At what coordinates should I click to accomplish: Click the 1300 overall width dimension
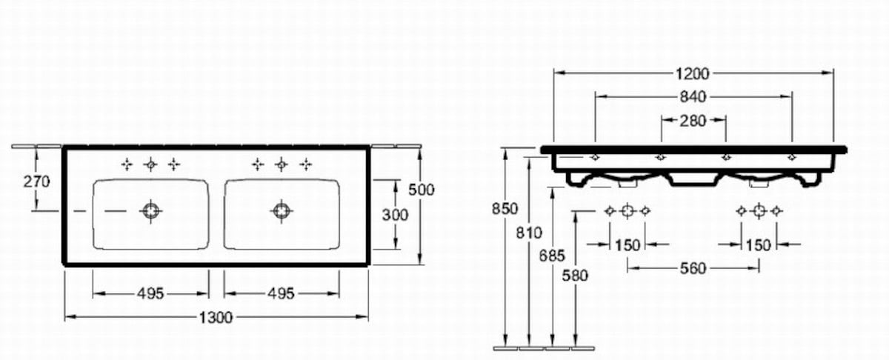click(216, 318)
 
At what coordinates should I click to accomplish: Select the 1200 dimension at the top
click(692, 73)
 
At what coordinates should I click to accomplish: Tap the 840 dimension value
click(693, 97)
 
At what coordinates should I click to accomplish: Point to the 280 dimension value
click(693, 121)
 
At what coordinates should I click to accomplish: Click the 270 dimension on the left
click(36, 181)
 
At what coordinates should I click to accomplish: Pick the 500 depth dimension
click(422, 190)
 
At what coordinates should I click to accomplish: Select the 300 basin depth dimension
click(395, 215)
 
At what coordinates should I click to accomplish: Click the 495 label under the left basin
click(150, 294)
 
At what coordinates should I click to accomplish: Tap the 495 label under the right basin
click(281, 294)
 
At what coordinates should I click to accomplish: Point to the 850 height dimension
click(505, 209)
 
